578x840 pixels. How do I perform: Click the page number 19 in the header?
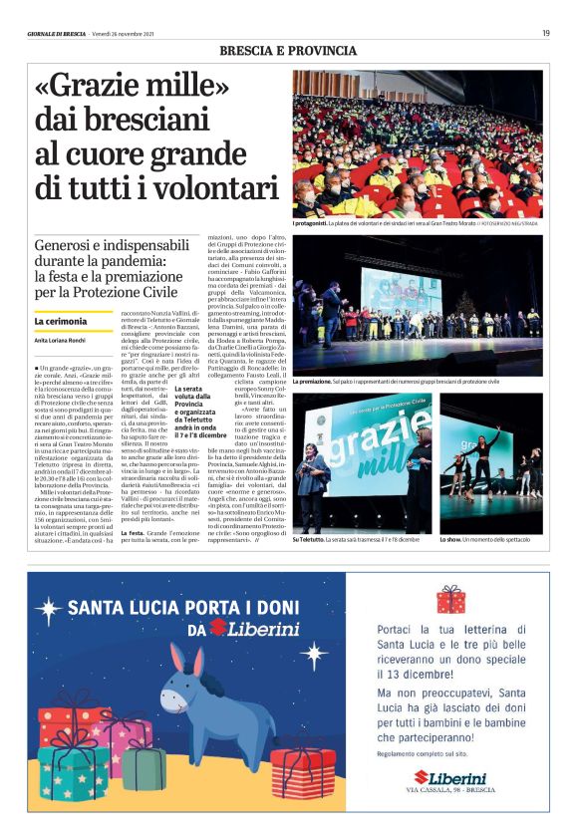[545, 33]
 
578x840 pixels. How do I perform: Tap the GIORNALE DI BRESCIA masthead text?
[57, 34]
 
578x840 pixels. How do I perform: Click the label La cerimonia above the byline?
[58, 321]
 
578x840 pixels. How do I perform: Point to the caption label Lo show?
[455, 539]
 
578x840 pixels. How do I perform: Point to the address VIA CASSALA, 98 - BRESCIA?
[451, 790]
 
